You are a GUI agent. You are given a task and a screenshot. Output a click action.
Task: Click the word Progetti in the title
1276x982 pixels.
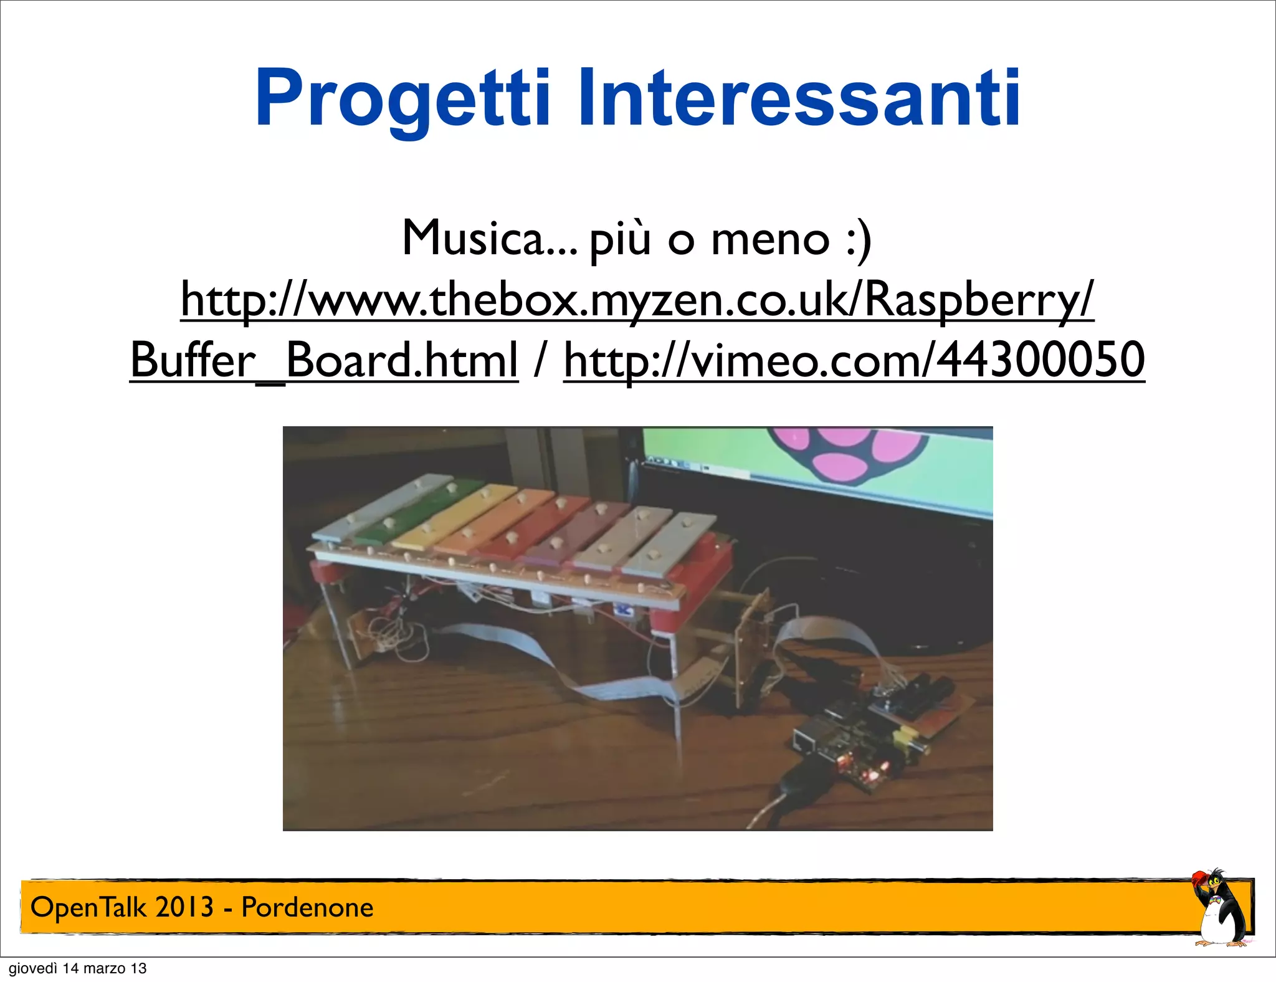[402, 100]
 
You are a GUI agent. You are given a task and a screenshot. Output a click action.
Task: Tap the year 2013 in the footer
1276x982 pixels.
[184, 907]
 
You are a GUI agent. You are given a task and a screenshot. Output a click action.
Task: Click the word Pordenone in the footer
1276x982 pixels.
[307, 907]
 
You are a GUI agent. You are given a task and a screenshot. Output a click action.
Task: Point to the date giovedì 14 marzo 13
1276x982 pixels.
[77, 968]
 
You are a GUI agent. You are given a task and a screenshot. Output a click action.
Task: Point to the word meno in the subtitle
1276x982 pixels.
[770, 238]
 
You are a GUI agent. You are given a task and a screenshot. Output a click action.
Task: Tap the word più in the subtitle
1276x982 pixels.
[619, 239]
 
